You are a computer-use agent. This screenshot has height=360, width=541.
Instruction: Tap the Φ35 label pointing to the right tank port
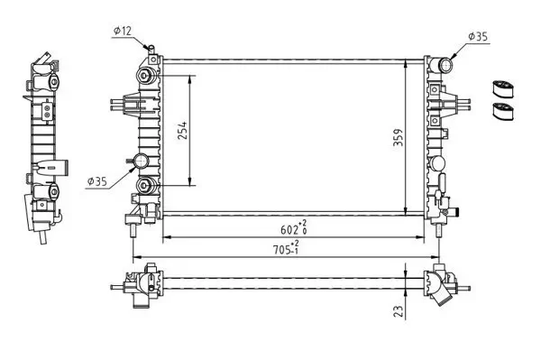point(478,37)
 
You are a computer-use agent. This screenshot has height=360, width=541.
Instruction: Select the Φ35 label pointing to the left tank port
point(97,181)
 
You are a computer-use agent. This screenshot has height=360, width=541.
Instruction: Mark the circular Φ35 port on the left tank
point(142,162)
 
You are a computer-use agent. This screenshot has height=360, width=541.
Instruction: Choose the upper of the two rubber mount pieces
point(501,89)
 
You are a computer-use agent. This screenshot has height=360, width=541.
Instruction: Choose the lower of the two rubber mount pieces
point(501,112)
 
